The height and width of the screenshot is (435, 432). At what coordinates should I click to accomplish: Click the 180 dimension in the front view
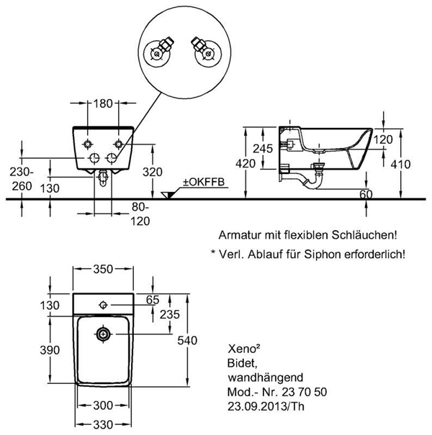click(104, 104)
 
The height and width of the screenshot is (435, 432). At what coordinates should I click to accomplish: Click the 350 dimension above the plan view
click(104, 270)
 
